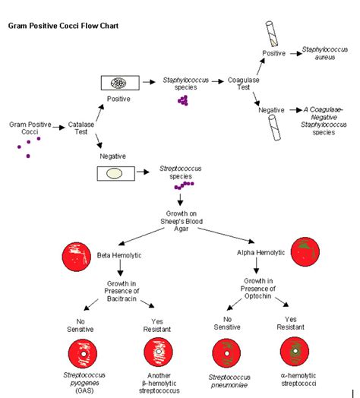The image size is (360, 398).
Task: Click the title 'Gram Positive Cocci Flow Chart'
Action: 63,25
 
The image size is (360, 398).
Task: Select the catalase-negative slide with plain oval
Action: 115,173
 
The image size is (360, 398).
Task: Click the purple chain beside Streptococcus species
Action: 183,185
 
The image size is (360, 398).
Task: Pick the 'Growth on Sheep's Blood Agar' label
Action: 181,219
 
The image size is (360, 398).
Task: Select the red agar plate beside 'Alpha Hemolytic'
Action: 307,253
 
